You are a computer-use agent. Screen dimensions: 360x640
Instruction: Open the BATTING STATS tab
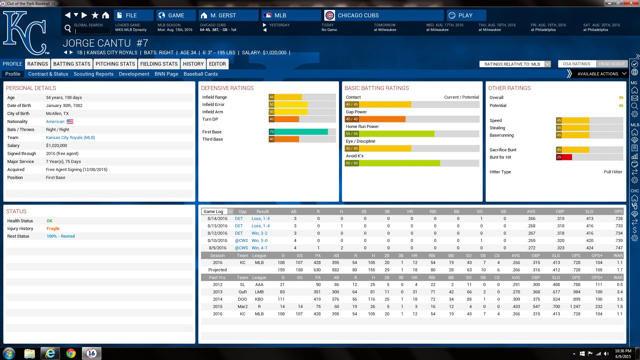[72, 64]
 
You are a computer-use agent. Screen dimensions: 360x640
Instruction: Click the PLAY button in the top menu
[466, 15]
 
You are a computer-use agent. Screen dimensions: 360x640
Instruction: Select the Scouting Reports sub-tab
[93, 74]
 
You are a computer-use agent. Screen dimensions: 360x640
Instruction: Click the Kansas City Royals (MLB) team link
[70, 138]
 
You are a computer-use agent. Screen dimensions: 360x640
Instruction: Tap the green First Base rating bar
[298, 132]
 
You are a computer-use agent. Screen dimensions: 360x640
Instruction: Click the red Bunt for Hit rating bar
[564, 157]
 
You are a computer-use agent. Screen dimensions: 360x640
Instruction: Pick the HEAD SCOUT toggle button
[612, 64]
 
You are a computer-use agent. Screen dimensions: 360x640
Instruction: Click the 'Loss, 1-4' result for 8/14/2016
[260, 219]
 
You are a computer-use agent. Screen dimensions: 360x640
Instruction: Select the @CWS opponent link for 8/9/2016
[241, 248]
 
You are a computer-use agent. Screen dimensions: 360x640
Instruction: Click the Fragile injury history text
[53, 229]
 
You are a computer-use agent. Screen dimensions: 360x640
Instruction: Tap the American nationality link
[55, 122]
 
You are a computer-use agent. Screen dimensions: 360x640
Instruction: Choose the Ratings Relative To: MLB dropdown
[515, 64]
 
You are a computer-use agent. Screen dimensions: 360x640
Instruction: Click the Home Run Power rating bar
[390, 134]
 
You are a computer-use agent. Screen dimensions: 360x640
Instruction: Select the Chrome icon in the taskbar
[71, 353]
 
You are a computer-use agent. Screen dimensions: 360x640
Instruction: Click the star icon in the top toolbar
[95, 15]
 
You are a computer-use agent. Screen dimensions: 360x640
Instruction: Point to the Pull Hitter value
[613, 172]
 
